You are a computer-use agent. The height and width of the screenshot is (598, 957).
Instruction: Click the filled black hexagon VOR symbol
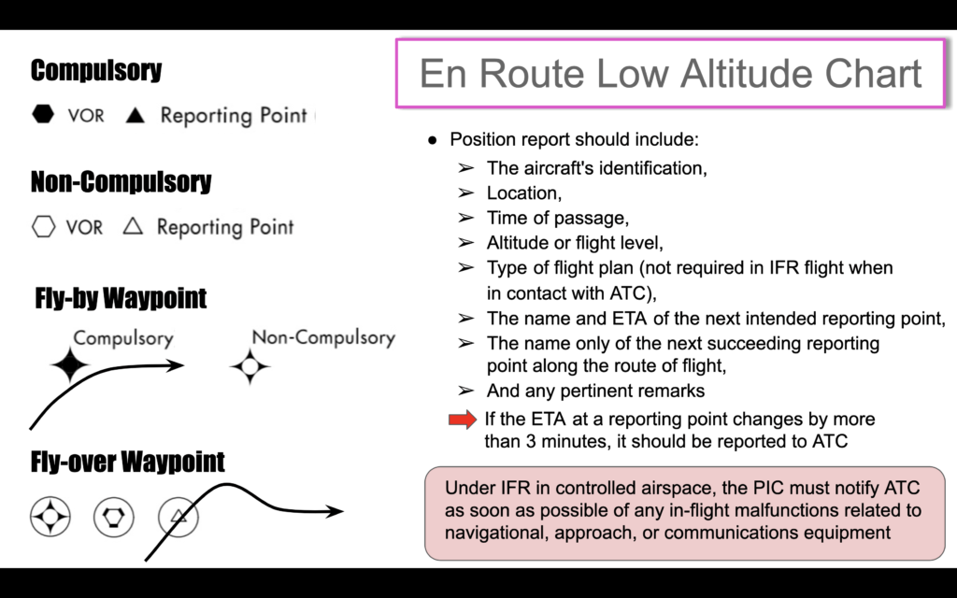coord(43,114)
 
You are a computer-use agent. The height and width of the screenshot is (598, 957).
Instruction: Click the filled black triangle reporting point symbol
coord(135,115)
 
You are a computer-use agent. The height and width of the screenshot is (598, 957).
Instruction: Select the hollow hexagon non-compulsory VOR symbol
coord(43,226)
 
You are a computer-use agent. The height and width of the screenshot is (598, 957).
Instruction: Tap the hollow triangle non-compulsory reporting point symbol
coord(133,226)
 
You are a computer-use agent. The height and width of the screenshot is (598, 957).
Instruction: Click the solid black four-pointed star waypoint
coord(69,365)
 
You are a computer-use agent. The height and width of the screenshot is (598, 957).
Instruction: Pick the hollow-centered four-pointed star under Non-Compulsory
coord(250,366)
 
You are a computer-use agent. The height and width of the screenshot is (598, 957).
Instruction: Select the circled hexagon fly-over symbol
coord(113,517)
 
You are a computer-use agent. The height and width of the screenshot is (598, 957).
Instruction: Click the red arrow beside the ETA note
coord(463,420)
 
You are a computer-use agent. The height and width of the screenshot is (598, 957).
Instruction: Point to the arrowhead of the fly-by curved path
coord(176,365)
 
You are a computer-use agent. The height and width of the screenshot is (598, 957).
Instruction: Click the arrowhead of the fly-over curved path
coord(336,511)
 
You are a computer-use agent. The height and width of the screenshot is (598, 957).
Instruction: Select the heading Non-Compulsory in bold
coord(121,182)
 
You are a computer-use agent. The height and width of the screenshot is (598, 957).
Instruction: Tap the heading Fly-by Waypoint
coord(121,298)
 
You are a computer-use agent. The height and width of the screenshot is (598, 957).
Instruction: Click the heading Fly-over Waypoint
coord(127,462)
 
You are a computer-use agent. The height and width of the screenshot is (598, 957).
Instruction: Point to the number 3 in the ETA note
coord(531,441)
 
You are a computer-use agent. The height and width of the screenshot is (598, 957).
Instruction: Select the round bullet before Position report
coord(433,140)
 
